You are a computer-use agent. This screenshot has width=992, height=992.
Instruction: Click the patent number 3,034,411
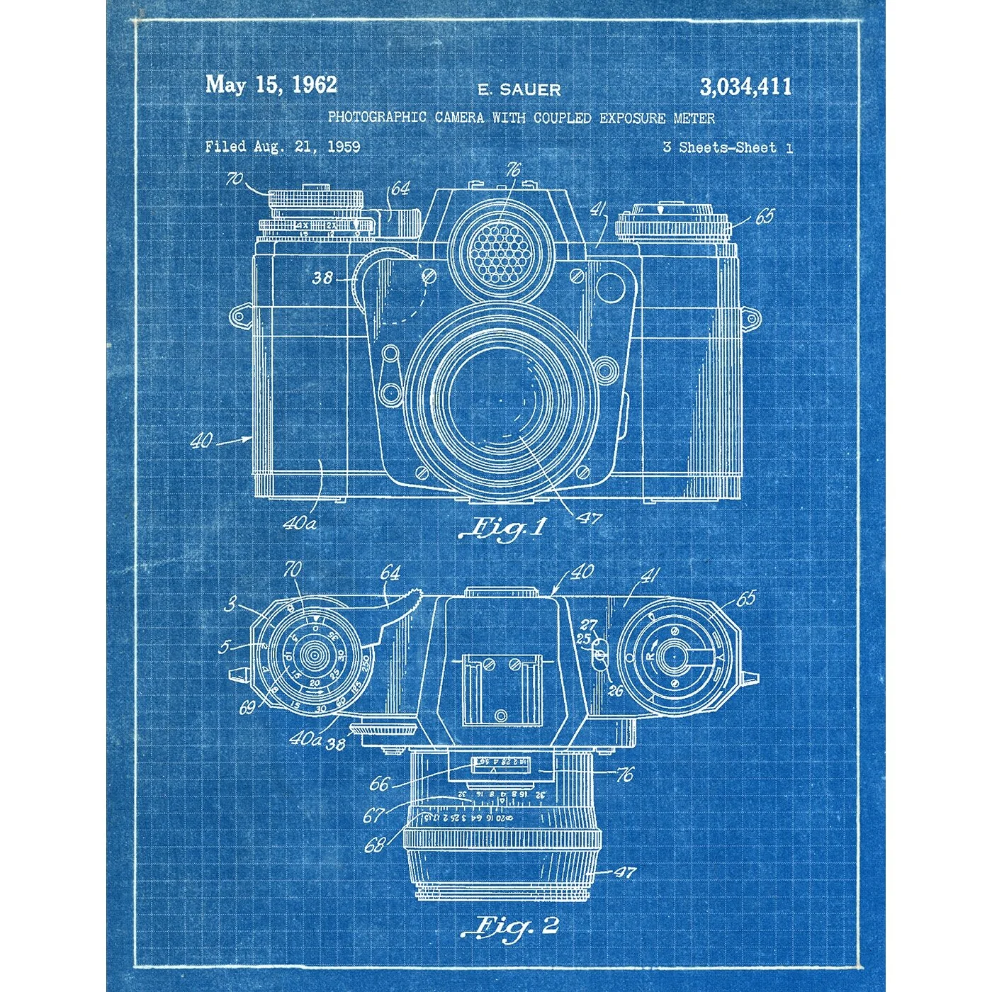point(745,87)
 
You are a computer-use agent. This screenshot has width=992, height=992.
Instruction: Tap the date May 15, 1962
point(271,85)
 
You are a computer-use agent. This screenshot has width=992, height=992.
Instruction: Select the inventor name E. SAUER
point(519,90)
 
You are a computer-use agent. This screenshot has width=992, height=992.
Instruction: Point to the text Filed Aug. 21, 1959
point(283,147)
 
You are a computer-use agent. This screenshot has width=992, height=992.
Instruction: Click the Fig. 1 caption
point(503,528)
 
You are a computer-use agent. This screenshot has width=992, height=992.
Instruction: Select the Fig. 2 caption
point(509,926)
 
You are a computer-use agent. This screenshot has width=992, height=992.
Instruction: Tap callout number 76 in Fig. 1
point(513,170)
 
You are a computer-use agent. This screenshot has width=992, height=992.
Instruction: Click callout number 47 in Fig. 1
point(589,518)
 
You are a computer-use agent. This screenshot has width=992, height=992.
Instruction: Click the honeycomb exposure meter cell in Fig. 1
point(498,249)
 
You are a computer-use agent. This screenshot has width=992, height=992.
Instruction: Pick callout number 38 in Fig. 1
point(322,278)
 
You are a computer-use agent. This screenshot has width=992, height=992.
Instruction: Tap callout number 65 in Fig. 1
point(765,215)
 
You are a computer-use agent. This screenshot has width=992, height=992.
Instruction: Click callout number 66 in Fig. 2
point(380,784)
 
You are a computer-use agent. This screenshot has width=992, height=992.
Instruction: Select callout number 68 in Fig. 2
point(375,845)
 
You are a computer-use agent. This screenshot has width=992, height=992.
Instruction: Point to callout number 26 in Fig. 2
point(614,689)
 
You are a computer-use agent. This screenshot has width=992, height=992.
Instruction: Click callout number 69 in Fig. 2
point(247,707)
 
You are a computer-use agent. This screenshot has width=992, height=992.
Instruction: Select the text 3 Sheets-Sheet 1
point(728,147)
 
